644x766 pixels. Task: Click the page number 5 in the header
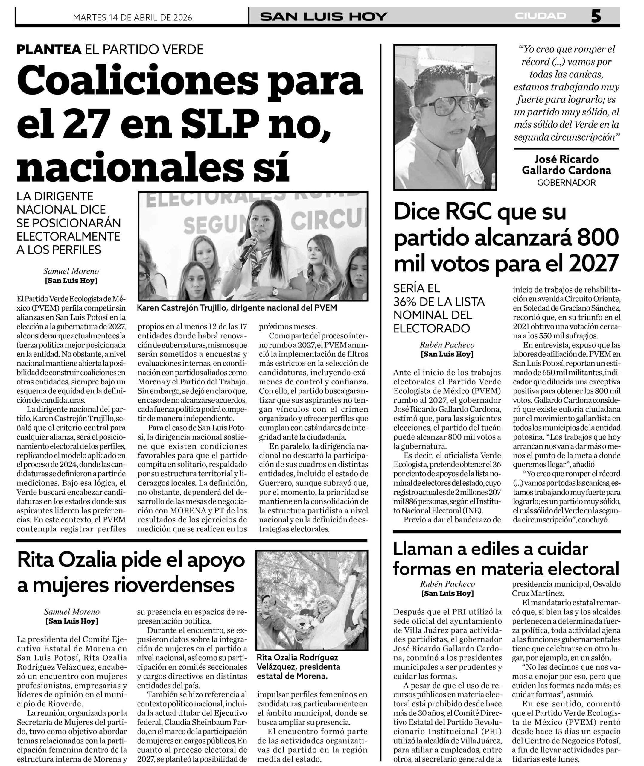(x=596, y=16)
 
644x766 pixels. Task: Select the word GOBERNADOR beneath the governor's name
(x=566, y=182)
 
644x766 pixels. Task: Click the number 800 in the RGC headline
(x=600, y=237)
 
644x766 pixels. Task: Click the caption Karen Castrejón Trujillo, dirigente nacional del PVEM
(x=237, y=308)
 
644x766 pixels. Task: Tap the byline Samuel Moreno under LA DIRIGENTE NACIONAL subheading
(x=71, y=271)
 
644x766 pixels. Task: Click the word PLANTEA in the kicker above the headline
(x=49, y=49)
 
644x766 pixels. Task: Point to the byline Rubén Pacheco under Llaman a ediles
(x=447, y=584)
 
